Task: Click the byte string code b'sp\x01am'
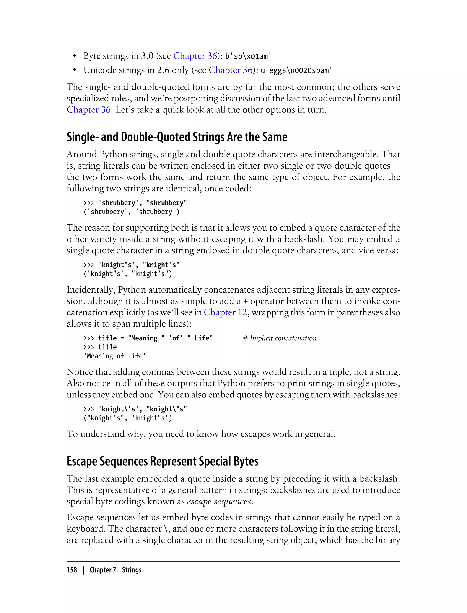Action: click(248, 56)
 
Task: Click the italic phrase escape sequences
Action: click(219, 501)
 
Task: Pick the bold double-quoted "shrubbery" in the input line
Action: click(166, 203)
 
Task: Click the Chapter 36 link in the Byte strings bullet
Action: click(195, 56)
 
